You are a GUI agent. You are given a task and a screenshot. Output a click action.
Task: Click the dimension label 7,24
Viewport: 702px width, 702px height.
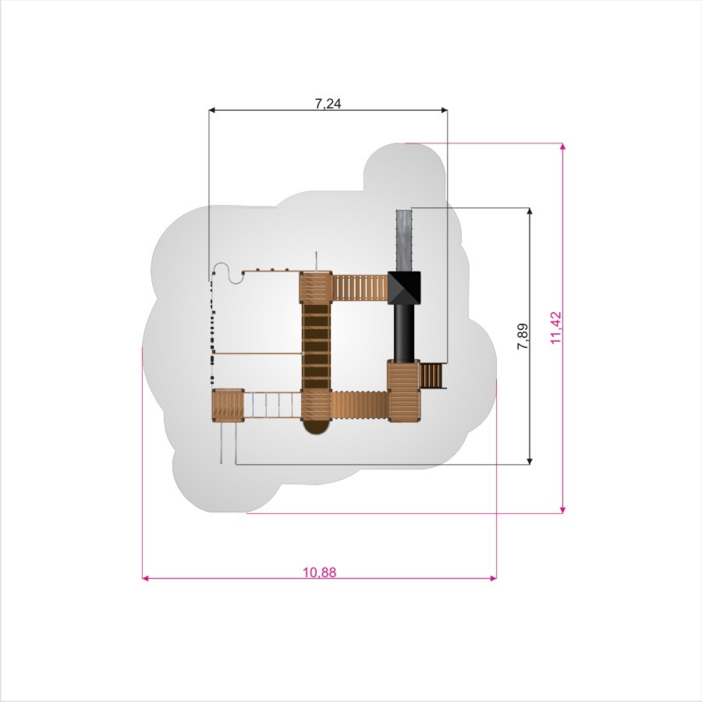coord(328,104)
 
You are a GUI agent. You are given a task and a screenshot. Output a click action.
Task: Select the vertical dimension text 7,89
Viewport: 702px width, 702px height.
coord(523,336)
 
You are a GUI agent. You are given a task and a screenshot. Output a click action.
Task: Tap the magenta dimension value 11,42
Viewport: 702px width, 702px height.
coord(555,328)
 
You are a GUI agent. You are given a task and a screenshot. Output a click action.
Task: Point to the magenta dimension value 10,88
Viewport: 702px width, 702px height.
coord(319,573)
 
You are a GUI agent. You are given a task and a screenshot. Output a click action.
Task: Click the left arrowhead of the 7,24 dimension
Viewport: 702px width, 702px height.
coord(213,110)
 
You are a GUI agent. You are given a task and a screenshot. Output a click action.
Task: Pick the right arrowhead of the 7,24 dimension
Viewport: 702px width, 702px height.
coord(444,110)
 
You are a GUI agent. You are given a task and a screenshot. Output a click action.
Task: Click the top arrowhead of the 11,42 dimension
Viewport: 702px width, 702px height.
coord(562,147)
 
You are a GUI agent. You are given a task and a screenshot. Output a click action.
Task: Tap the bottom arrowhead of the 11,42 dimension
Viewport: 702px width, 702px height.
coord(562,509)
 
